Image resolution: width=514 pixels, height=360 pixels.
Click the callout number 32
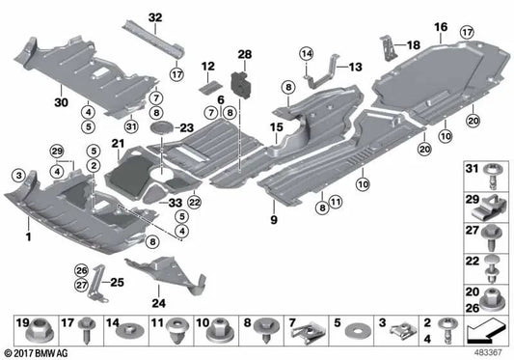pos(155,17)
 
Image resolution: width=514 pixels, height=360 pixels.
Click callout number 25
pos(118,281)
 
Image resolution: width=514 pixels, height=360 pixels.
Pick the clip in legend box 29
pos(492,204)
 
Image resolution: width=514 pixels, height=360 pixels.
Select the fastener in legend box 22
pos(492,263)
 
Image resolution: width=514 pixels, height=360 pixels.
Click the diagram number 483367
pos(489,352)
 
